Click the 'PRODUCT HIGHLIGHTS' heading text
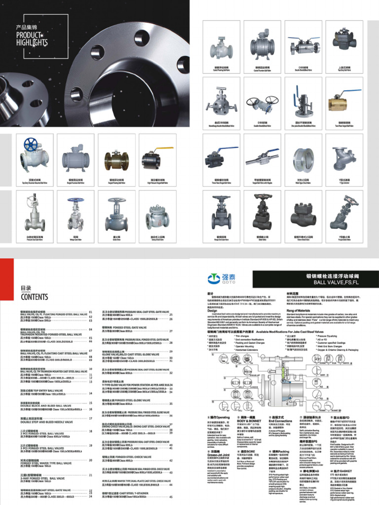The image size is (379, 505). [32, 38]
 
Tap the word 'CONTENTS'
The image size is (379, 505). [34, 297]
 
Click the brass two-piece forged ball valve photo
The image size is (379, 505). [344, 105]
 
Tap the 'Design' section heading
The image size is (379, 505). [212, 311]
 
